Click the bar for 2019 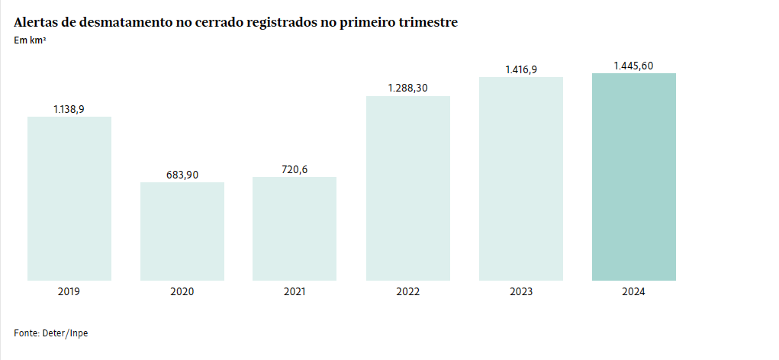[69, 198]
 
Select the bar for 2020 [182, 231]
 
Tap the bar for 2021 [295, 229]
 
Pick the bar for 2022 [408, 188]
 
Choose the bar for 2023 [521, 178]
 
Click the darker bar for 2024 [634, 177]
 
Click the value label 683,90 [182, 175]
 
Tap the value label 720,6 [295, 169]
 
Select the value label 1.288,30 [408, 88]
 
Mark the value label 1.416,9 [521, 69]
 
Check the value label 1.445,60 [633, 66]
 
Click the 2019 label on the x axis [69, 292]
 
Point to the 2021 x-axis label [295, 292]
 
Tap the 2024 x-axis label [634, 292]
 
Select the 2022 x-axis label [408, 292]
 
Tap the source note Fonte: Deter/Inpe [51, 333]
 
